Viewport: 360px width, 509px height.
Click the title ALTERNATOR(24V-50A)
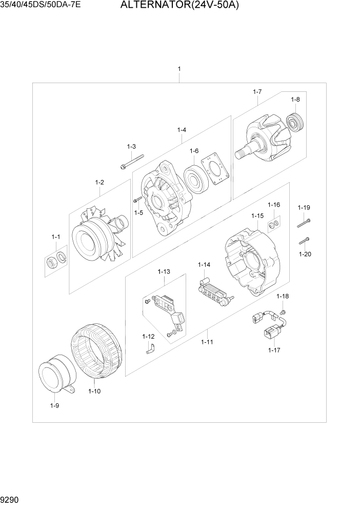pos(179,7)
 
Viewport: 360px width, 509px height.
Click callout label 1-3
pos(131,147)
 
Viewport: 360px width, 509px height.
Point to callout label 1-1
pos(55,237)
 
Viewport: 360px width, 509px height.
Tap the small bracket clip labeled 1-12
pos(150,349)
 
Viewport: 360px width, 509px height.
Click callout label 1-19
pos(304,208)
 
